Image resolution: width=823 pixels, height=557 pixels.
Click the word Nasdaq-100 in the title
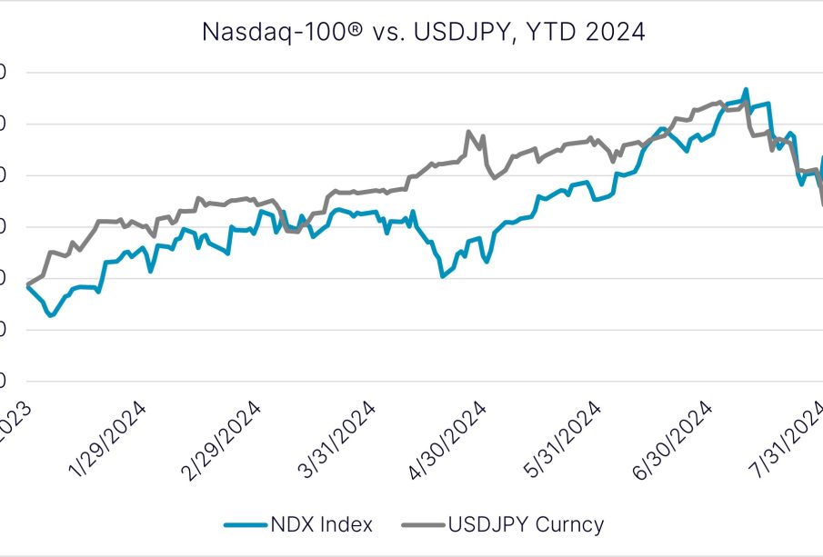[260, 33]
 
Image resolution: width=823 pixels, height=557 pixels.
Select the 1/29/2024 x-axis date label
[106, 440]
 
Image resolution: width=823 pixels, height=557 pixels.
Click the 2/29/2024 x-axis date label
[222, 440]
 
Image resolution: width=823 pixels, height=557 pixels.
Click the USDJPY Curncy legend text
[526, 524]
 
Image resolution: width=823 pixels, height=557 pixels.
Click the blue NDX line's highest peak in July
[746, 89]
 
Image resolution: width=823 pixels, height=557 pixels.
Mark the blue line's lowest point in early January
[51, 315]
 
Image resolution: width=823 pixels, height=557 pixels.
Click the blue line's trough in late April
[442, 274]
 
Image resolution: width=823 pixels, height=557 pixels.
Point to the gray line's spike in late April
[469, 132]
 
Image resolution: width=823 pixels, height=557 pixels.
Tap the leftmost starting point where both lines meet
[28, 286]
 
